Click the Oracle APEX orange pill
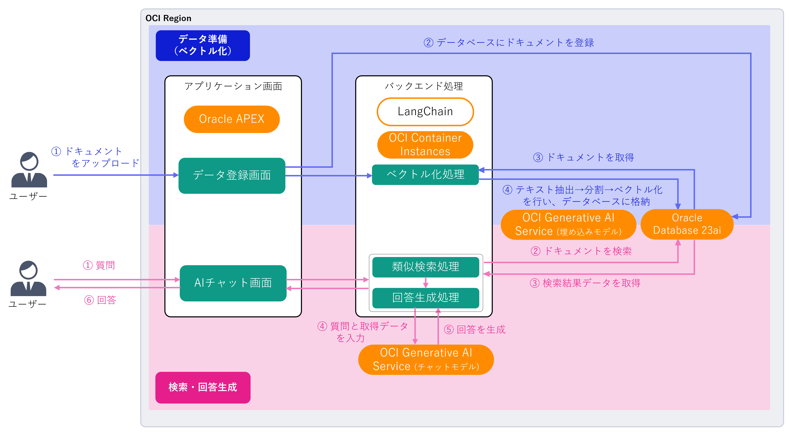click(232, 119)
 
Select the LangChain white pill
click(425, 112)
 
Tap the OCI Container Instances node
click(425, 144)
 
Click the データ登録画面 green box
click(232, 175)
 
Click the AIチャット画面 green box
click(233, 283)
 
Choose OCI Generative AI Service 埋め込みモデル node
click(568, 224)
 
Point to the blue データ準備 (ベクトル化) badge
click(203, 45)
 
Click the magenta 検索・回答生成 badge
click(203, 387)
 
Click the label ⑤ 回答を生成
click(475, 329)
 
